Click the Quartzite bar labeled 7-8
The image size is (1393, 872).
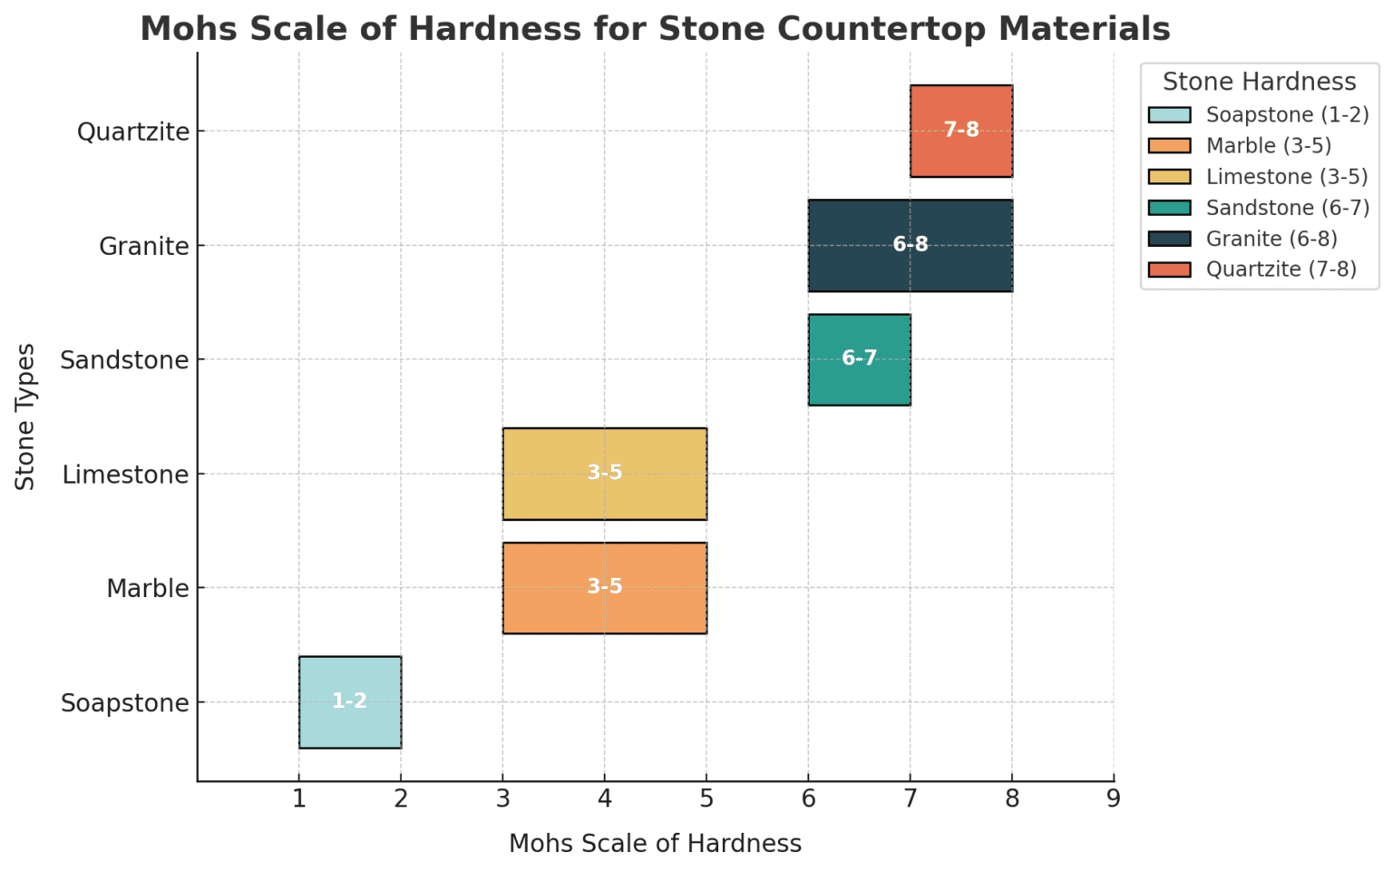click(961, 131)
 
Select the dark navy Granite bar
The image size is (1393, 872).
click(910, 245)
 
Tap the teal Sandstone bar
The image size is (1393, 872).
click(859, 359)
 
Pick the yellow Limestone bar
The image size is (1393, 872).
click(604, 474)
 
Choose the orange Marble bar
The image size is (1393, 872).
click(604, 588)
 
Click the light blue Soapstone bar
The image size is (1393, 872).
click(349, 701)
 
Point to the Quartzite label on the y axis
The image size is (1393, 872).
click(133, 132)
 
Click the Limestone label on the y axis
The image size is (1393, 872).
click(126, 475)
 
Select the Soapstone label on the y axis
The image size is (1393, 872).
click(125, 703)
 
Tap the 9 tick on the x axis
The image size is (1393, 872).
click(1114, 799)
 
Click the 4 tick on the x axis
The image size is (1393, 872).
click(604, 799)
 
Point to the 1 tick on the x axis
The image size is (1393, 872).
click(298, 799)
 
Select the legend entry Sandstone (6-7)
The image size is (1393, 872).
click(1287, 208)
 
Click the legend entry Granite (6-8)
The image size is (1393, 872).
click(1271, 239)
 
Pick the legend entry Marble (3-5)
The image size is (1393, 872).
click(1268, 146)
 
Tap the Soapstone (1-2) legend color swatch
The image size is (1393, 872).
click(1169, 115)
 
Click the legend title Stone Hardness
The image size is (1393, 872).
click(1259, 82)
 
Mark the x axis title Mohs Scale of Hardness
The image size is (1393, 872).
click(655, 844)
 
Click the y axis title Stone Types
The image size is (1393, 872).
click(25, 416)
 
